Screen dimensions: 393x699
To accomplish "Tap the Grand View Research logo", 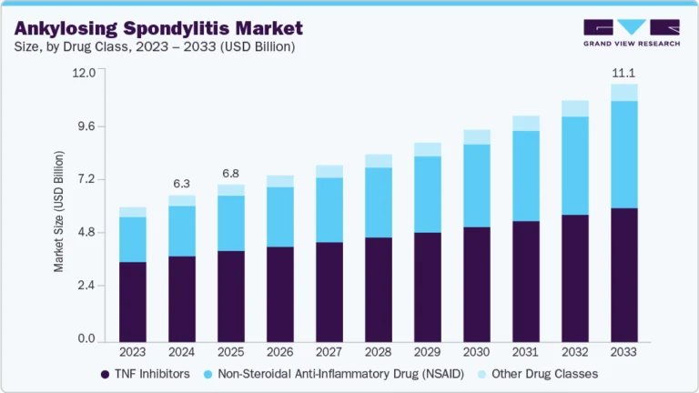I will pyautogui.click(x=631, y=32).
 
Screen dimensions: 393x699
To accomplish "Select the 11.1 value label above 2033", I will pyautogui.click(x=623, y=71).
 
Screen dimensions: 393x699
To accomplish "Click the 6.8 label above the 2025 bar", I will pyautogui.click(x=230, y=173).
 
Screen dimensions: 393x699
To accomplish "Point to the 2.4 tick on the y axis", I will pyautogui.click(x=85, y=287).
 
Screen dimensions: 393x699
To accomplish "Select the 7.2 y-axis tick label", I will pyautogui.click(x=85, y=179).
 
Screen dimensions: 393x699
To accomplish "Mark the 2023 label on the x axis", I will pyautogui.click(x=133, y=352).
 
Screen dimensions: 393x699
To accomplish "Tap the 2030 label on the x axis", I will pyautogui.click(x=477, y=352).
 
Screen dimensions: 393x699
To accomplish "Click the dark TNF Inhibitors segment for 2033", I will pyautogui.click(x=624, y=274).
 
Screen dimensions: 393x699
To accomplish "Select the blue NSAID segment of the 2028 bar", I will pyautogui.click(x=379, y=202).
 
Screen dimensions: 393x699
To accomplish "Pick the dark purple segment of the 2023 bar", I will pyautogui.click(x=133, y=300).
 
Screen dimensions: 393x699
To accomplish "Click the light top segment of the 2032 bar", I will pyautogui.click(x=575, y=108).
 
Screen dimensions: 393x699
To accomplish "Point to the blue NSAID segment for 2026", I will pyautogui.click(x=280, y=217).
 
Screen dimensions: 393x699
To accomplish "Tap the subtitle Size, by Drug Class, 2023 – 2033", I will pyautogui.click(x=154, y=46).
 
